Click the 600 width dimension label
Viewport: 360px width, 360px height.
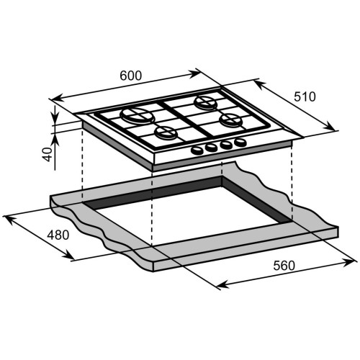131,76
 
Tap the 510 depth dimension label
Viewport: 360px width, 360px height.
305,96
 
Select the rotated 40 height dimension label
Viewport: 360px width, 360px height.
48,154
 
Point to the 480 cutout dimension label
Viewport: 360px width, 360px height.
58,235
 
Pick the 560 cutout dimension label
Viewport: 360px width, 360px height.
284,266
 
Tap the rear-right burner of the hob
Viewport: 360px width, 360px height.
206,102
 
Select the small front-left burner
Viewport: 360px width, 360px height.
166,133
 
